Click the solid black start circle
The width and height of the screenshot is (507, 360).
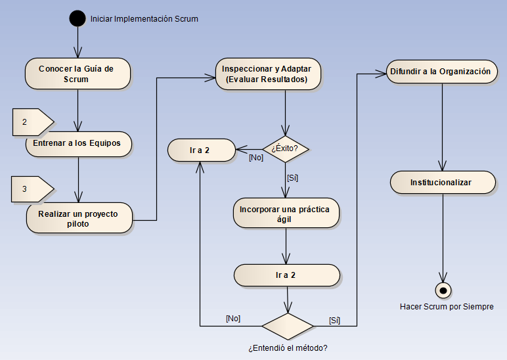click(x=78, y=18)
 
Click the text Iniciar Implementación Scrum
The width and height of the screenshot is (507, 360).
click(x=144, y=19)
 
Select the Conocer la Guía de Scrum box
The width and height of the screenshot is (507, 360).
click(x=77, y=74)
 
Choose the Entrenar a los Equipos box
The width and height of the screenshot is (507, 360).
click(x=77, y=144)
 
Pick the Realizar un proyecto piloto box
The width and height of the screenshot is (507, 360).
click(x=79, y=218)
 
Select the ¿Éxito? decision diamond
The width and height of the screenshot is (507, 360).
click(x=285, y=148)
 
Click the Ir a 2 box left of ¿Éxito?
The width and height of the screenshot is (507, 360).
click(x=200, y=150)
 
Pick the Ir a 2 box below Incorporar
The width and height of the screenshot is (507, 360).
click(x=287, y=275)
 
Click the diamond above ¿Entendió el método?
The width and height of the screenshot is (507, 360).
click(x=287, y=326)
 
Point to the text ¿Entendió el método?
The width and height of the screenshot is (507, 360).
click(x=288, y=348)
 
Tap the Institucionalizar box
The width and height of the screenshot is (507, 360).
click(x=442, y=182)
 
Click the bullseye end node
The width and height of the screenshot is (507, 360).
click(x=443, y=290)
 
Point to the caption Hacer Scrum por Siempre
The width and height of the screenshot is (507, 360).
click(x=447, y=307)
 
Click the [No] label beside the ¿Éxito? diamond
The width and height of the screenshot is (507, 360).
click(x=255, y=158)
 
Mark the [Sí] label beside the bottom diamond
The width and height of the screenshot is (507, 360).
click(x=334, y=321)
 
